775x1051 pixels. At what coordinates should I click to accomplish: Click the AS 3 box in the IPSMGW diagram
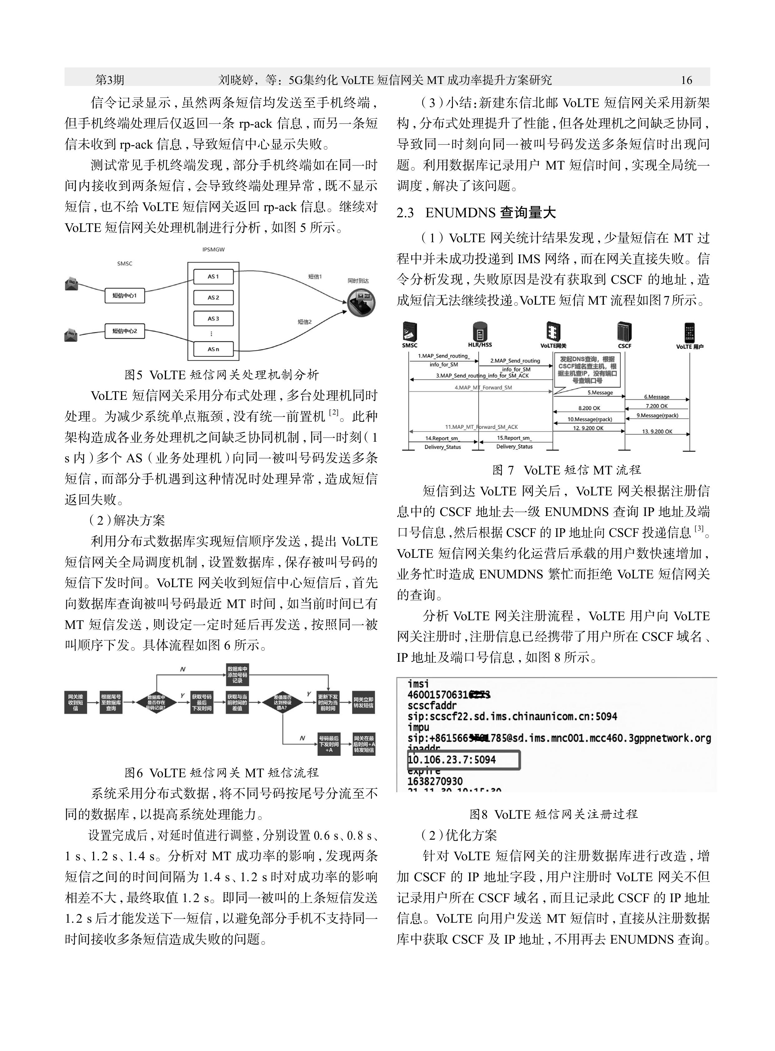click(213, 319)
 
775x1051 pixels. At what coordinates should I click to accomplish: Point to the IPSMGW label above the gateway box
click(213, 250)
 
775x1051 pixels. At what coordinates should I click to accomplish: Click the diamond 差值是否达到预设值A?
click(283, 702)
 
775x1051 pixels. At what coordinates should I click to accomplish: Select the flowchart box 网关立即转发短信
click(364, 702)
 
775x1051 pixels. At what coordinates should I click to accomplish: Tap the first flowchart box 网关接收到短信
click(76, 702)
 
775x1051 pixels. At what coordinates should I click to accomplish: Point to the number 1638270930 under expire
click(435, 781)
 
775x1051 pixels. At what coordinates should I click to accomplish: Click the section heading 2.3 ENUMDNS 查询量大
click(476, 213)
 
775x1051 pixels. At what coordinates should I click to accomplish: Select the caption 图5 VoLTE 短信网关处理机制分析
click(221, 375)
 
